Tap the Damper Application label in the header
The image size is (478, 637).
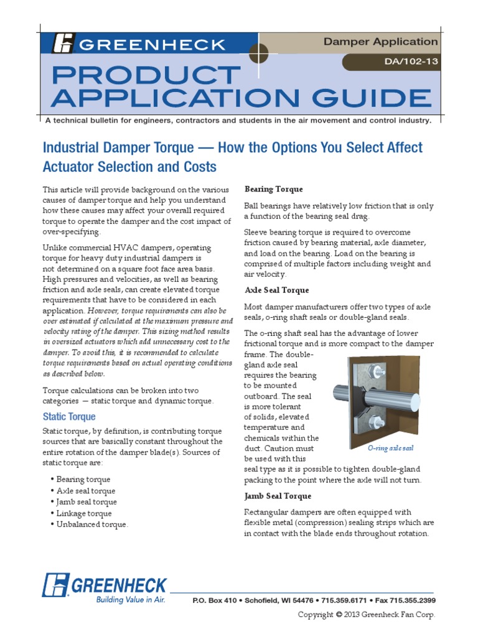point(380,42)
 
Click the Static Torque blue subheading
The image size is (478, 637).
point(68,416)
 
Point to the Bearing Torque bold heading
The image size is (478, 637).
point(274,189)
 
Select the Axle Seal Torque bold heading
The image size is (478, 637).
point(277,290)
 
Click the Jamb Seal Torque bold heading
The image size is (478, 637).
point(278,496)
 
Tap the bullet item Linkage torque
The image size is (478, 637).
point(84,513)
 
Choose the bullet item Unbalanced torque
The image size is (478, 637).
point(92,524)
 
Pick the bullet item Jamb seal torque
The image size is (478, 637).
point(87,502)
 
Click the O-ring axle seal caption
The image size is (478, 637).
point(390,448)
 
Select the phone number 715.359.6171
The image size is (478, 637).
point(343,600)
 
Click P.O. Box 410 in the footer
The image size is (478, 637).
point(214,600)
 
